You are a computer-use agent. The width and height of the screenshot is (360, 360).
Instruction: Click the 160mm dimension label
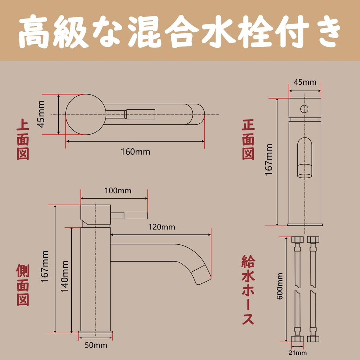click(135, 152)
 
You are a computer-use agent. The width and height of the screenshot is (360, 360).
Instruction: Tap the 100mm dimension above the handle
click(118, 191)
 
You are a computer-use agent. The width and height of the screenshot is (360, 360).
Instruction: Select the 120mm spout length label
click(162, 227)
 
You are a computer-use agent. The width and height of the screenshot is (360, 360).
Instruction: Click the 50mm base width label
click(96, 345)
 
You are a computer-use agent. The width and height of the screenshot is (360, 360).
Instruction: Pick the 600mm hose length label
click(280, 287)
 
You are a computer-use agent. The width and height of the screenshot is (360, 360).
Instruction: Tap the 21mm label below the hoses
click(298, 353)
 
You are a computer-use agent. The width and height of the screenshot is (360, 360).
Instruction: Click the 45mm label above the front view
click(305, 82)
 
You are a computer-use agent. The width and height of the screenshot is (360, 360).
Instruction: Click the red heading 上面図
click(23, 140)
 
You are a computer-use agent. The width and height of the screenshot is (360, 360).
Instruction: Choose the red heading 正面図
click(248, 140)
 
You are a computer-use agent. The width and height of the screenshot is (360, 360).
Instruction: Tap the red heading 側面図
click(23, 285)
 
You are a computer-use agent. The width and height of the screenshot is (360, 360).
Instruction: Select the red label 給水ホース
click(248, 290)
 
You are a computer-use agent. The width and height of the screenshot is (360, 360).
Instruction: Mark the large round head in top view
click(85, 114)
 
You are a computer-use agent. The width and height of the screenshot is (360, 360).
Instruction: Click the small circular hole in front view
click(304, 109)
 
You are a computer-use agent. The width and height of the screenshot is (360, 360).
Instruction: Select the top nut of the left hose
click(297, 241)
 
